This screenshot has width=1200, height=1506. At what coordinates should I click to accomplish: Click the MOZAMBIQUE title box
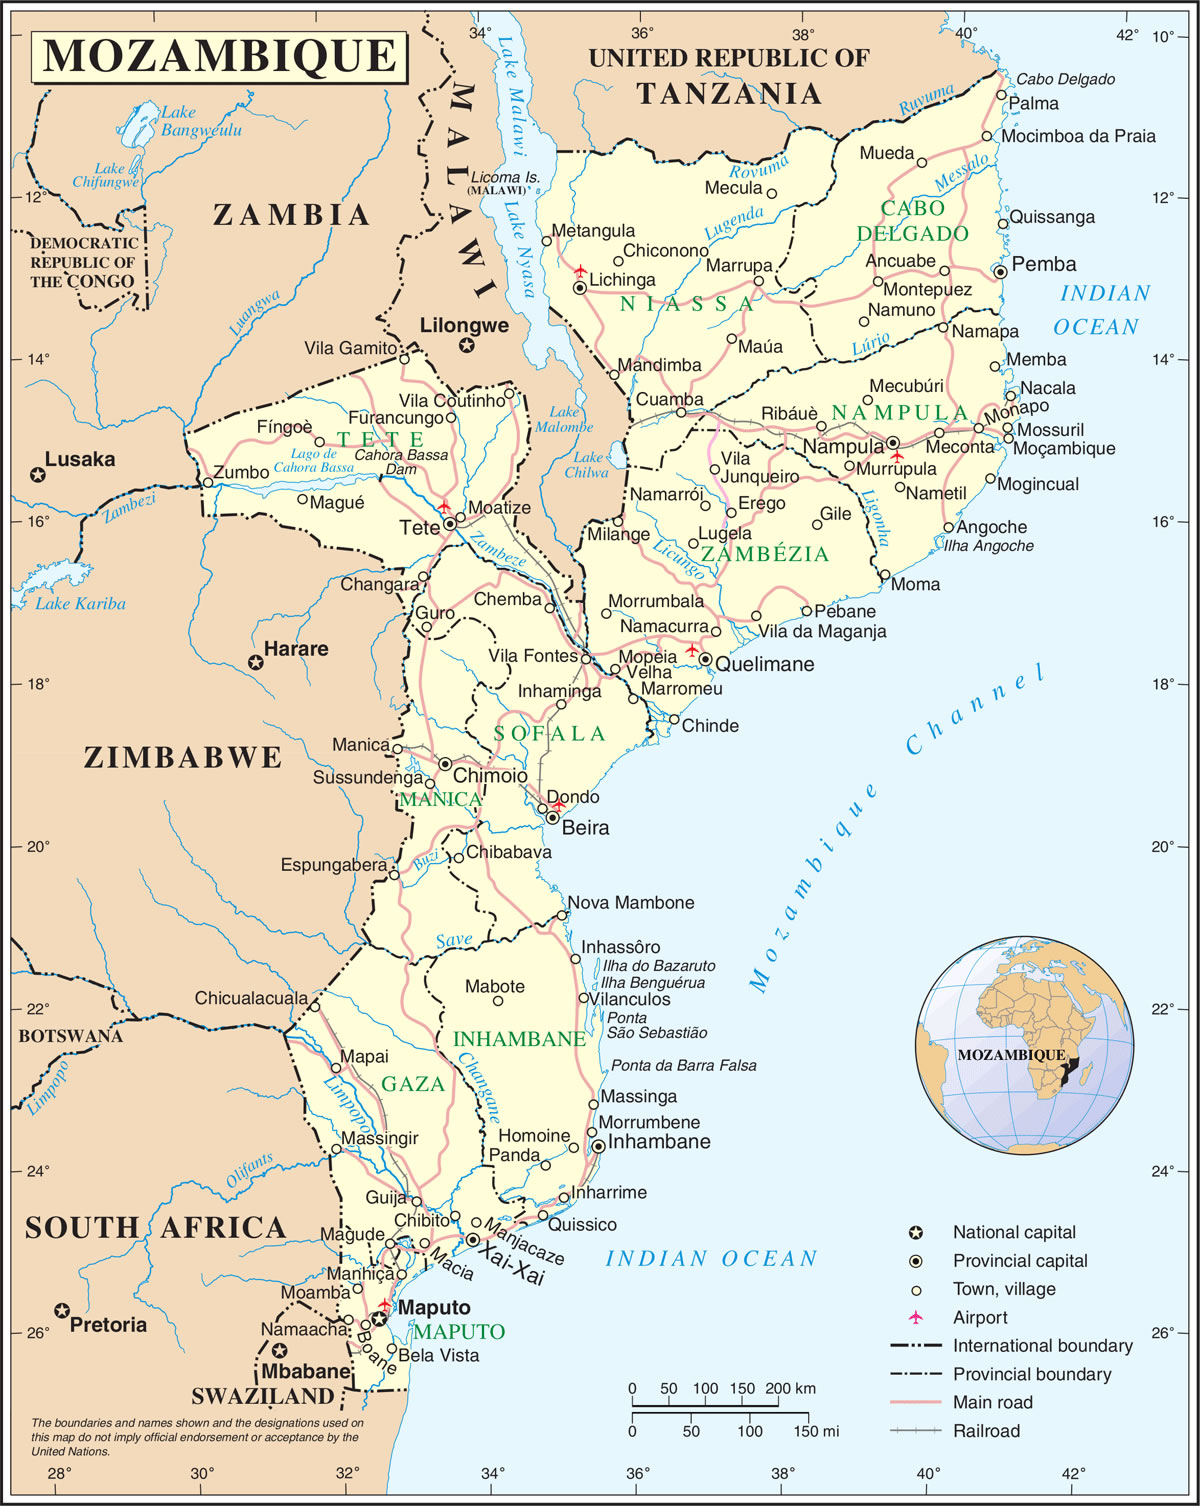219,56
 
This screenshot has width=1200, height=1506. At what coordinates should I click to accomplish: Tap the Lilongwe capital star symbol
466,346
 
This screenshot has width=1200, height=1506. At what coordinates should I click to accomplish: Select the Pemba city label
1043,265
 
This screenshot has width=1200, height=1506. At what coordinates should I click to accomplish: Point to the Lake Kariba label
80,604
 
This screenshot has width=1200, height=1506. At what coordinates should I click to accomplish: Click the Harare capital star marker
256,663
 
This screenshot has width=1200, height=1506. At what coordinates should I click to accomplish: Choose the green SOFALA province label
550,734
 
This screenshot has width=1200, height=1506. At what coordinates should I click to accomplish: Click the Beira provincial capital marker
552,818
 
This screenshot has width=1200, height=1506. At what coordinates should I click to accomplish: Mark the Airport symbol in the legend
915,1317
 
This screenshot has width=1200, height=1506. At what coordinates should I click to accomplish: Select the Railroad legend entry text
986,1431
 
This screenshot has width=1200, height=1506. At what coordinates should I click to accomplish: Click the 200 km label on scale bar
790,1389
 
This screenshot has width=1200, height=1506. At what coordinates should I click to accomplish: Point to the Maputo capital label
434,1308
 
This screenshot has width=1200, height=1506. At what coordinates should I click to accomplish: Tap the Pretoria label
108,1325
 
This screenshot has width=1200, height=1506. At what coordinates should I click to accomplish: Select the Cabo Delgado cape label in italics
1065,80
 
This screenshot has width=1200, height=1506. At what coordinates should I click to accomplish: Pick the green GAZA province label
413,1084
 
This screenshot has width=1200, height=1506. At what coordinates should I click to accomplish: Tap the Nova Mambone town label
631,903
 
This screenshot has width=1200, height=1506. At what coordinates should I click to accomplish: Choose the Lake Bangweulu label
200,121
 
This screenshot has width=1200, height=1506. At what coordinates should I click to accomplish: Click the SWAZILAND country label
262,1397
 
